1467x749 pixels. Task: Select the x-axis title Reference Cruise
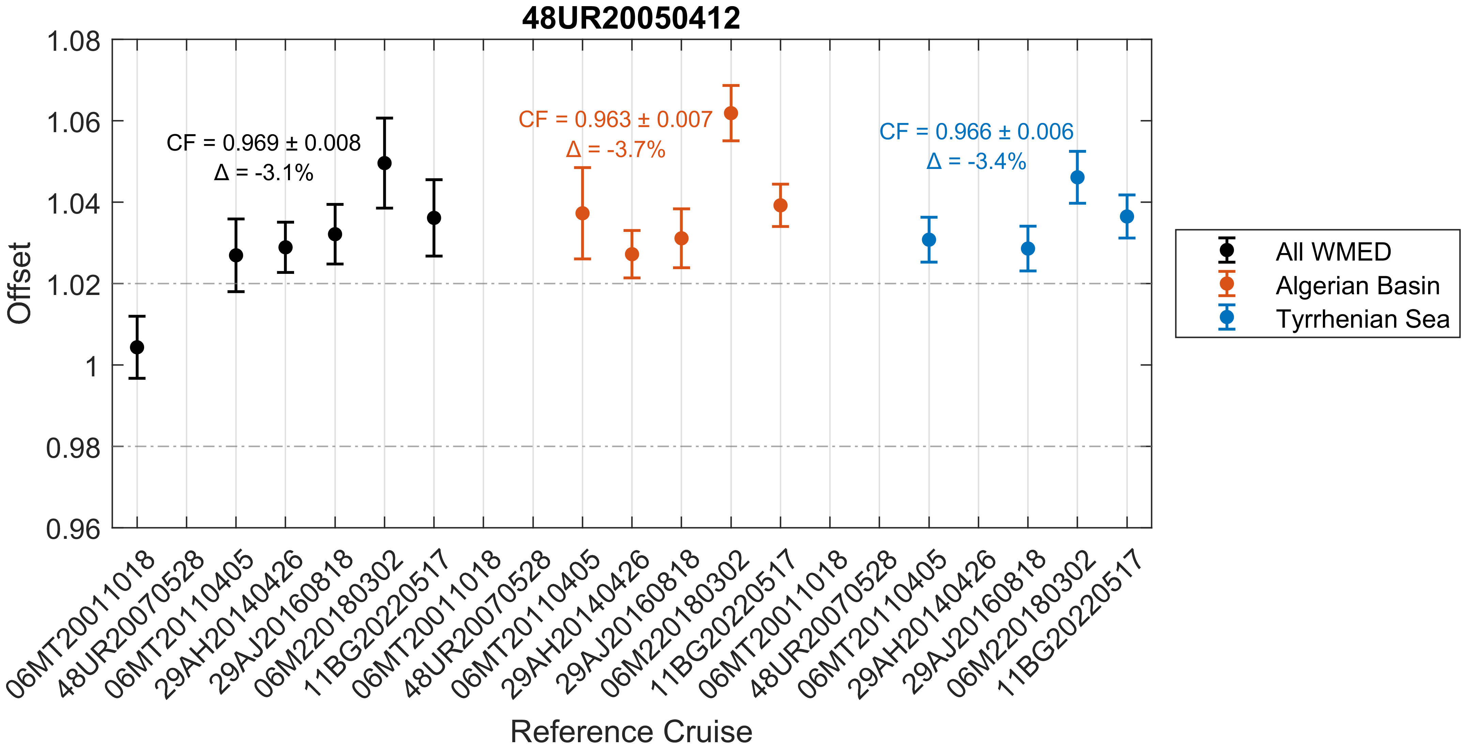click(x=631, y=731)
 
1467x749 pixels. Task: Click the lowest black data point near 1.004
click(x=137, y=347)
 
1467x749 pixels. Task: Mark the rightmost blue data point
click(x=1127, y=217)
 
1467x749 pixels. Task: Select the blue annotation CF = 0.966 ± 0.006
click(x=976, y=132)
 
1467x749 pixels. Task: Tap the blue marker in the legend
click(x=1227, y=317)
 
